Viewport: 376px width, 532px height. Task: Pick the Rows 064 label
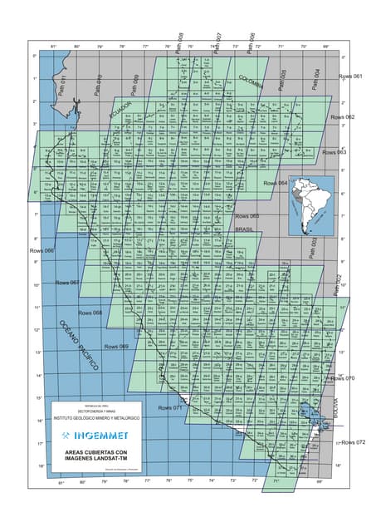(276, 183)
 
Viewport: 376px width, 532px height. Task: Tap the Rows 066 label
(42, 250)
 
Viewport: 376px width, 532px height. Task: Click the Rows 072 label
(354, 442)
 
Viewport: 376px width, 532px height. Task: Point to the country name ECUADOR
(120, 111)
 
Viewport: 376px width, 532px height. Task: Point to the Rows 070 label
(343, 378)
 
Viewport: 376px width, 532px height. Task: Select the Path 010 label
(98, 84)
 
